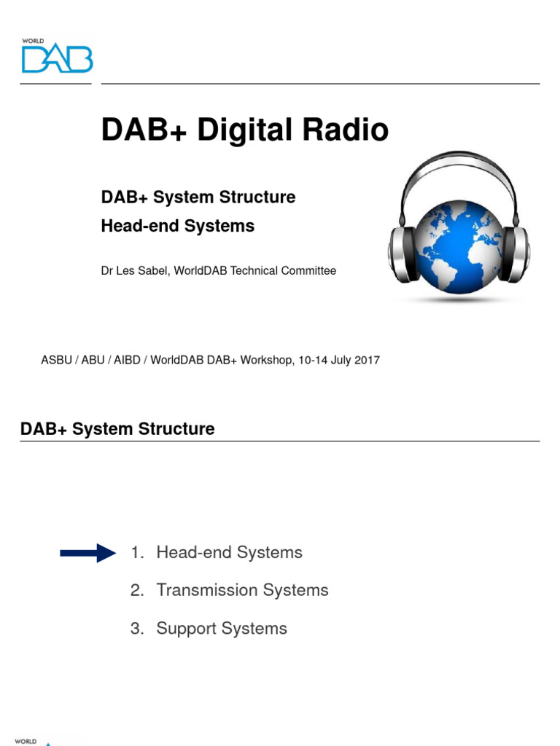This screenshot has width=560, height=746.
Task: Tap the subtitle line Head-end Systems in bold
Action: click(178, 226)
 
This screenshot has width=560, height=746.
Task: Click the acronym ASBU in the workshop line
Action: click(56, 360)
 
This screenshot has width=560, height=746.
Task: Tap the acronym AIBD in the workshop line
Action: click(128, 360)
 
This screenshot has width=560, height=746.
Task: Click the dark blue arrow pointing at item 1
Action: click(87, 553)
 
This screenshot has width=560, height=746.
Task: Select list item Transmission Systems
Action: click(242, 590)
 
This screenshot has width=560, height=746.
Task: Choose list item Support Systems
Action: click(222, 628)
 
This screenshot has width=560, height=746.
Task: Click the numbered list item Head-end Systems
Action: click(229, 552)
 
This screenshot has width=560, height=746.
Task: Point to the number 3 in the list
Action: click(136, 628)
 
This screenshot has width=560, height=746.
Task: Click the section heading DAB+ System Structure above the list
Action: click(117, 428)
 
